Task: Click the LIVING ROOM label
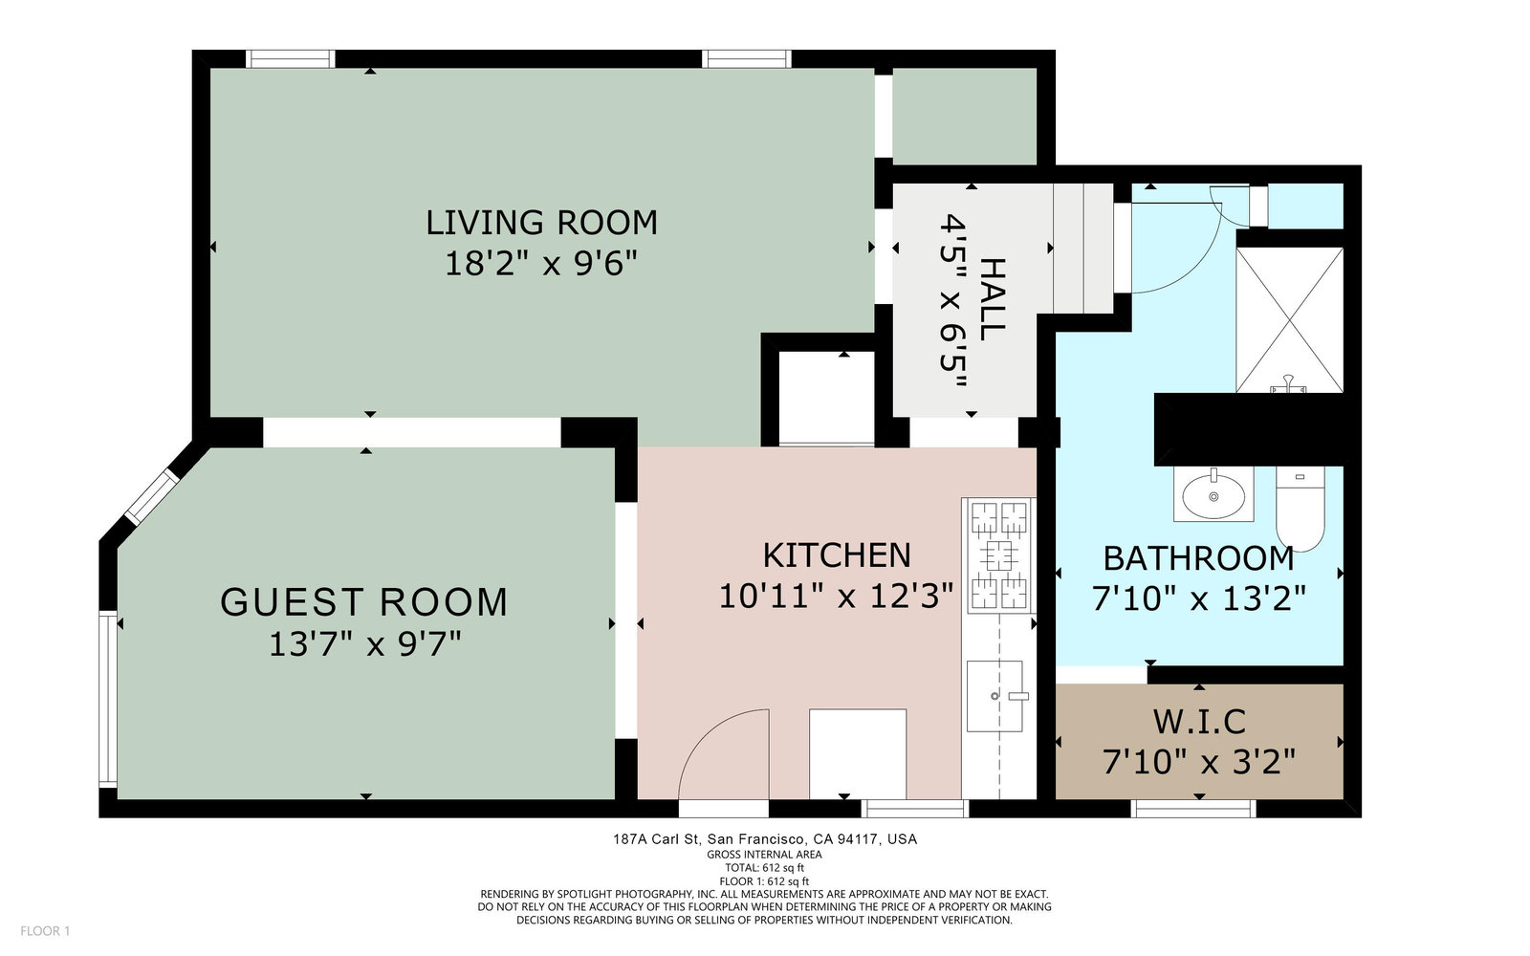pos(541,223)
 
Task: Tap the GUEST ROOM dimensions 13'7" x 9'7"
pos(365,644)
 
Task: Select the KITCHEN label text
pos(837,555)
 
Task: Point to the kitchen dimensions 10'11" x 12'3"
pos(836,596)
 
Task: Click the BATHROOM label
pos(1199,558)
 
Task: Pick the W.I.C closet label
pos(1199,722)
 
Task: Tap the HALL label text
pos(992,299)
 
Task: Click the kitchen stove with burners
pos(999,554)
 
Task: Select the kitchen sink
pos(995,696)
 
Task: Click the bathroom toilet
pos(1300,509)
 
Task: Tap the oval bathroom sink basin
pos(1213,494)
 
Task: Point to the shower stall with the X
pos(1290,319)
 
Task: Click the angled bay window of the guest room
pos(152,496)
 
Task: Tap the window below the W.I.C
pos(1193,809)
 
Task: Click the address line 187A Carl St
pos(765,839)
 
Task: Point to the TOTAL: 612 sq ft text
pos(764,868)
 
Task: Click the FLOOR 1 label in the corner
pos(45,931)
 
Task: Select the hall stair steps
pos(1083,249)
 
